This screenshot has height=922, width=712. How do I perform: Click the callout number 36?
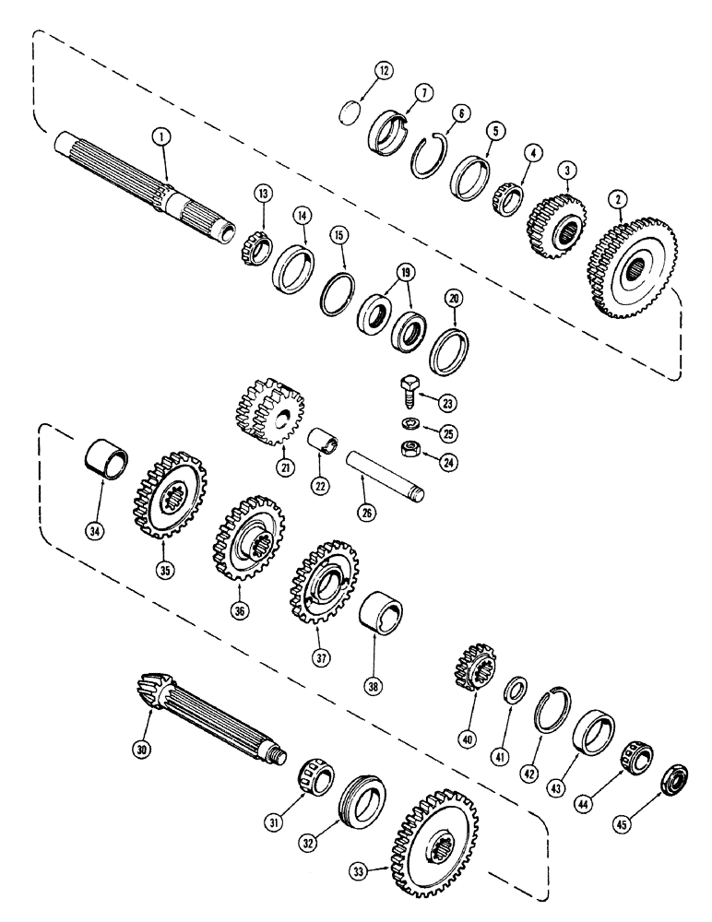click(x=240, y=611)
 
